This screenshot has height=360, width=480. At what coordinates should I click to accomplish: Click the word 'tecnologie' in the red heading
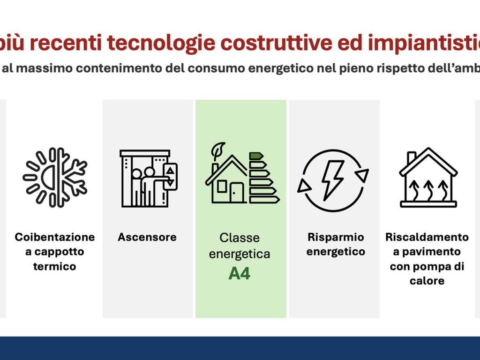click(162, 44)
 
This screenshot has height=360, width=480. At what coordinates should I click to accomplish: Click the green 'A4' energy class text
click(240, 273)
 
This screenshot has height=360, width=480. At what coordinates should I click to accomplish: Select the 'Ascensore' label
click(147, 237)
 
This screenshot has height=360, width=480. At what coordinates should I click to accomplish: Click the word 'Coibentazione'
click(55, 237)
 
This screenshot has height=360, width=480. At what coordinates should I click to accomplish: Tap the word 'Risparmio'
click(336, 237)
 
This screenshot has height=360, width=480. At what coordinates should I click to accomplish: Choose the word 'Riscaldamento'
click(427, 237)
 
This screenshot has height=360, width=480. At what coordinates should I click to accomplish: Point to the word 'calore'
click(427, 281)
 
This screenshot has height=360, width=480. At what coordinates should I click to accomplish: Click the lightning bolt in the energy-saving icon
click(332, 180)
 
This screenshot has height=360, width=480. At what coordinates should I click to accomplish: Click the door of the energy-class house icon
click(237, 193)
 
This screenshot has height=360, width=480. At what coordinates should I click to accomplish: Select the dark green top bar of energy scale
click(255, 156)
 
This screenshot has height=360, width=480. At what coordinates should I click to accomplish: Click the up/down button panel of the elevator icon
click(171, 176)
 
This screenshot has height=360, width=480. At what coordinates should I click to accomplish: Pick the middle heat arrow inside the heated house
click(428, 189)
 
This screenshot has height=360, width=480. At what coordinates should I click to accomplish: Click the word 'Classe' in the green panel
click(240, 238)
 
